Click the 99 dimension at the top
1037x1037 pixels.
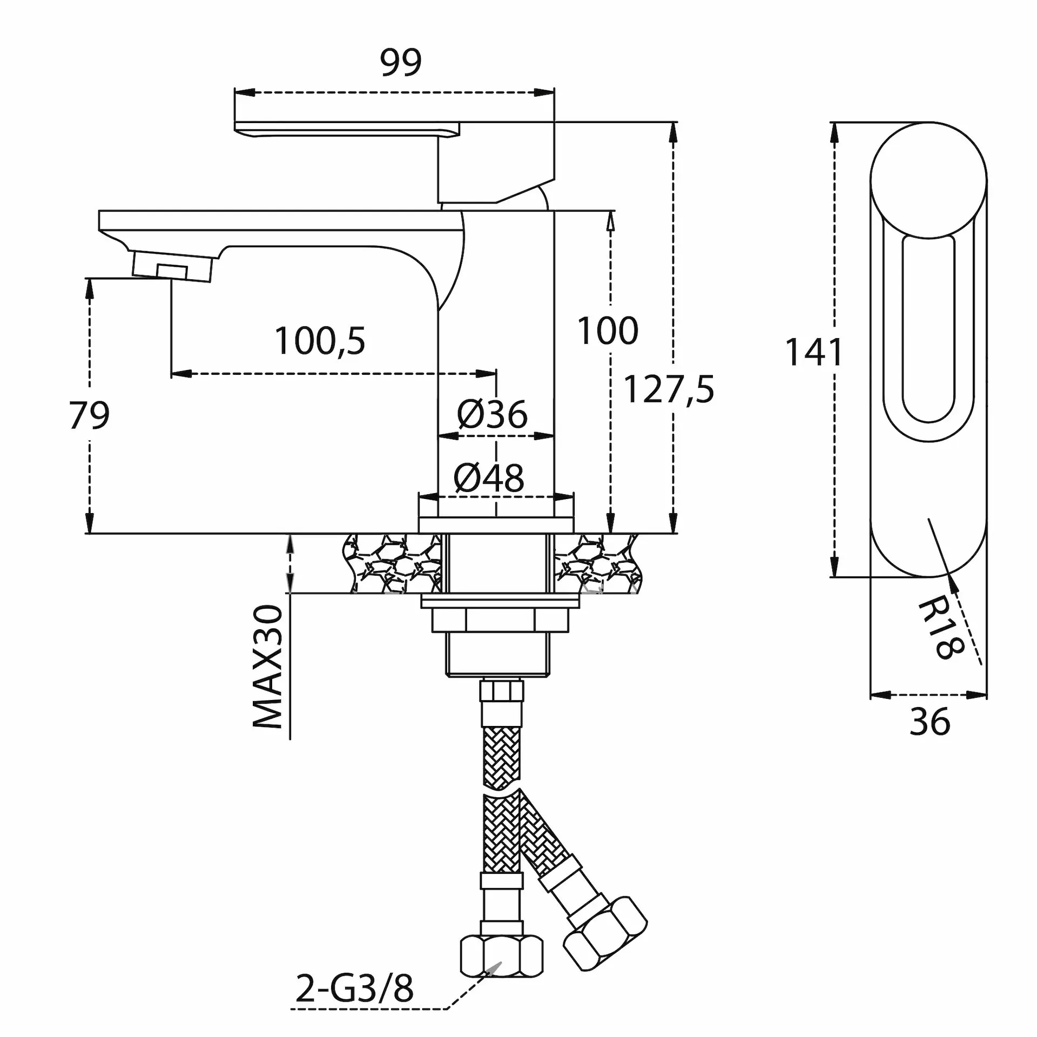pos(400,62)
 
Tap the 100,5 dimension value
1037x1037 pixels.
pos(320,341)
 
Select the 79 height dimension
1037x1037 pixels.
pos(90,415)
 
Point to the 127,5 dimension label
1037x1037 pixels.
pos(669,389)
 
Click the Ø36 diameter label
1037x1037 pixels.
pos(492,414)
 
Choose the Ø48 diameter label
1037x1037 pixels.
pos(489,477)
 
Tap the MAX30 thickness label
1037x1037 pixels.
pos(268,667)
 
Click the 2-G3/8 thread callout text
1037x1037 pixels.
pos(354,988)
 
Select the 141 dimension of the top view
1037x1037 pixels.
pos(813,352)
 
